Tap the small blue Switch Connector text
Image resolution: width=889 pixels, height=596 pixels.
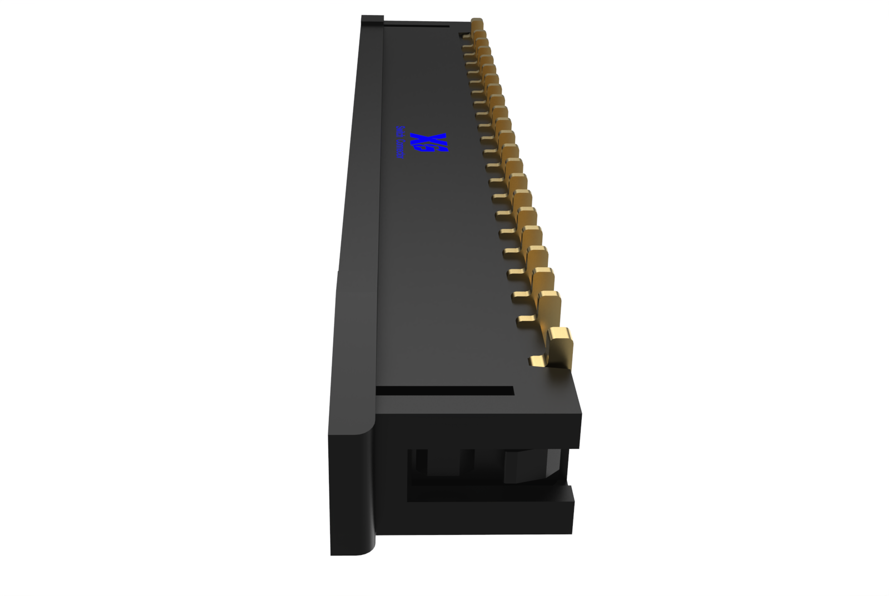coord(399,142)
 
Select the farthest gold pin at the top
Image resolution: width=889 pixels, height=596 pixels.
coord(477,24)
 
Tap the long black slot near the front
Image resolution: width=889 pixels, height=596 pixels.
coord(444,391)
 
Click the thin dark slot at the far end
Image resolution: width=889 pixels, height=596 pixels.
coord(416,25)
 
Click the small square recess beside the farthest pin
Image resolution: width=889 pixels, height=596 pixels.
coord(462,36)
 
